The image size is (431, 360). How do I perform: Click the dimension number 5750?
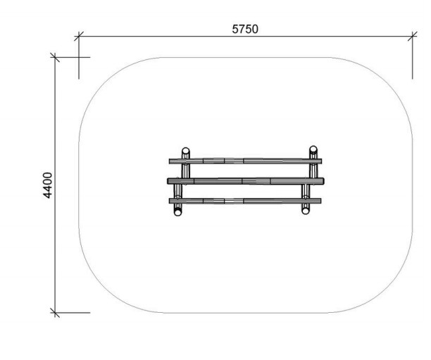[x=245, y=29]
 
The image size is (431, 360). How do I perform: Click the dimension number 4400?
[x=48, y=185]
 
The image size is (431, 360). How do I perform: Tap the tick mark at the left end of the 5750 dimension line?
[x=79, y=36]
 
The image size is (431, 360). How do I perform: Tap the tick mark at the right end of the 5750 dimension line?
[x=412, y=36]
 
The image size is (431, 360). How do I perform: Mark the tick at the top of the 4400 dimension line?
[x=55, y=57]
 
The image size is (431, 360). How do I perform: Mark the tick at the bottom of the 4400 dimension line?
[x=55, y=313]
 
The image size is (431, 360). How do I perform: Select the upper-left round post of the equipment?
[x=186, y=151]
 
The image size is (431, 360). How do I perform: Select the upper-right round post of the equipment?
[x=313, y=149]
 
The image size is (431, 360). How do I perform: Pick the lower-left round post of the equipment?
[x=178, y=212]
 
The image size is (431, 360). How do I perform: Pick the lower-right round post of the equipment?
[x=306, y=211]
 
